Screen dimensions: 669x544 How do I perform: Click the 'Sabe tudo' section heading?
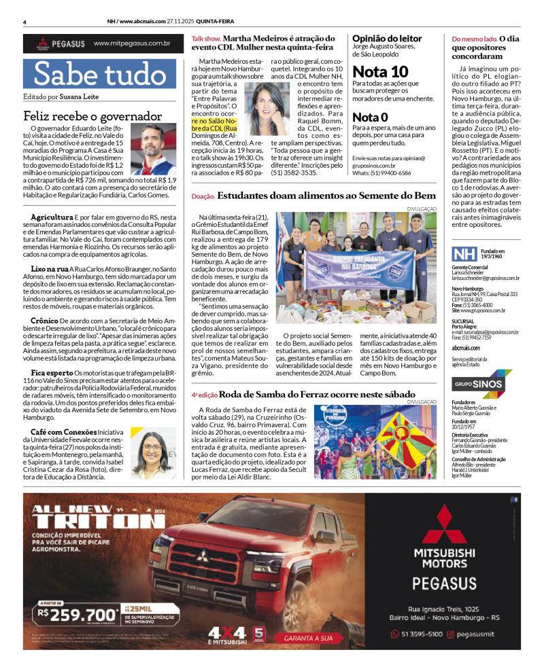point(99,74)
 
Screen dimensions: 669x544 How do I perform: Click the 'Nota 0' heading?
point(375,117)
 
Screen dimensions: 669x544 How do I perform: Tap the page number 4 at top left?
point(24,22)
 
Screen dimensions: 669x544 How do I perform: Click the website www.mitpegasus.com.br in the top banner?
point(132,43)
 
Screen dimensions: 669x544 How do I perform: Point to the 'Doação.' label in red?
point(203,196)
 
